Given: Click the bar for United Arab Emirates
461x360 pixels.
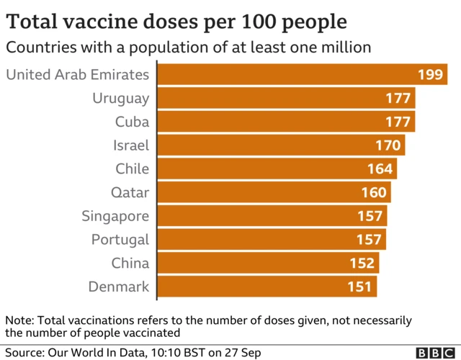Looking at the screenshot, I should click(x=288, y=75).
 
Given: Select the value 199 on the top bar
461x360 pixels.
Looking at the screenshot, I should click(x=430, y=75).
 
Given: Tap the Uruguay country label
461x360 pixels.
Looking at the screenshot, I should click(x=120, y=99).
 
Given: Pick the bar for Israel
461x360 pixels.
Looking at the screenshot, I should click(x=281, y=145).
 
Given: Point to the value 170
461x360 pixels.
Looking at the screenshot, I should click(x=388, y=145).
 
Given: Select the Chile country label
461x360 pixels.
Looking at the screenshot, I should click(x=132, y=169).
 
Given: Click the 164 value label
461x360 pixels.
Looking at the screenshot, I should click(x=380, y=169).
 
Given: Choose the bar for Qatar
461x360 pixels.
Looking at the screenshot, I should click(x=274, y=192).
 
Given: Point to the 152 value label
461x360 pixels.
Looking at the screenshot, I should click(x=363, y=263).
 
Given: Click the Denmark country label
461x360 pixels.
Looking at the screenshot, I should click(x=119, y=287).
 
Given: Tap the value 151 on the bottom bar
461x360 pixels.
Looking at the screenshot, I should click(x=361, y=287).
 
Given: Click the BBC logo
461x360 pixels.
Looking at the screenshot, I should click(x=435, y=353).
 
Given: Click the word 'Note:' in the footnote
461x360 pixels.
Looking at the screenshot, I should click(x=19, y=320).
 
